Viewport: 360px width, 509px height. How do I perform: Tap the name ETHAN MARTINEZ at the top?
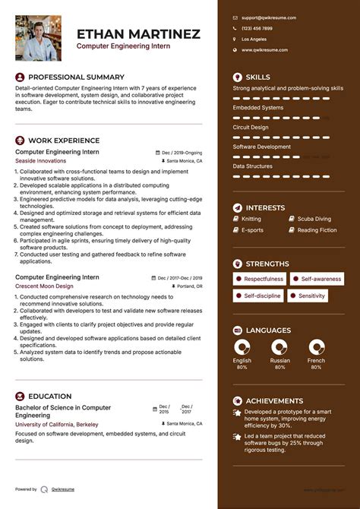138,34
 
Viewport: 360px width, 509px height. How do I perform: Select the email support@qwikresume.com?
269,17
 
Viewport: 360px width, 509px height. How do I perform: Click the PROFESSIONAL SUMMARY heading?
76,77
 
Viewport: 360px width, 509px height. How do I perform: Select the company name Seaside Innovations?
40,161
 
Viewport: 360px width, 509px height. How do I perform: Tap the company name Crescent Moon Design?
44,286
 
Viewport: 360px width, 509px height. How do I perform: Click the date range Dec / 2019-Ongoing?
182,152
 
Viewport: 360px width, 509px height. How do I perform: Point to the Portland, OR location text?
188,286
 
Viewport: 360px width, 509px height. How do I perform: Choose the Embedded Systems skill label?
257,107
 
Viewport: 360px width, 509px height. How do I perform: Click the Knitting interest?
251,219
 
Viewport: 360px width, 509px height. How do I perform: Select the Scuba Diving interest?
313,219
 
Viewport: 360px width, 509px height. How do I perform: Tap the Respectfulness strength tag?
263,279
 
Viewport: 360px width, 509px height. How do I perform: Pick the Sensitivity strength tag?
311,296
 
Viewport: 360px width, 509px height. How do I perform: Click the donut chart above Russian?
279,347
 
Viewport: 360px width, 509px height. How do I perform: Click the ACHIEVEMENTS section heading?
274,400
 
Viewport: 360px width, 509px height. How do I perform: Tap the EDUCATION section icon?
20,397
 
